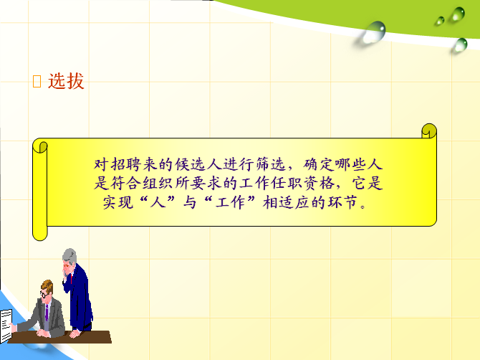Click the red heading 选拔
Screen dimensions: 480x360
click(x=66, y=81)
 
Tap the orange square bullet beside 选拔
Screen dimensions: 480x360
click(x=37, y=82)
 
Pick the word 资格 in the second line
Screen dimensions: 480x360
click(x=319, y=183)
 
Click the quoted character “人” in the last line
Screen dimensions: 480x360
click(x=158, y=202)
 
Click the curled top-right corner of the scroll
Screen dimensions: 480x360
click(x=429, y=131)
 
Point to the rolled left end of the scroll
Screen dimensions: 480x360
click(x=40, y=189)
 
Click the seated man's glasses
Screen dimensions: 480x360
click(x=44, y=295)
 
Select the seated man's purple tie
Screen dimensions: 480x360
click(x=47, y=313)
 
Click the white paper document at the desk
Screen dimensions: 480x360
click(x=6, y=326)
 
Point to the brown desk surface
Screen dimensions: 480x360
click(x=61, y=337)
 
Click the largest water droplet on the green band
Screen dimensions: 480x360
click(x=374, y=32)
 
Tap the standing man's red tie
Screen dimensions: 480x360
click(x=72, y=278)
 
